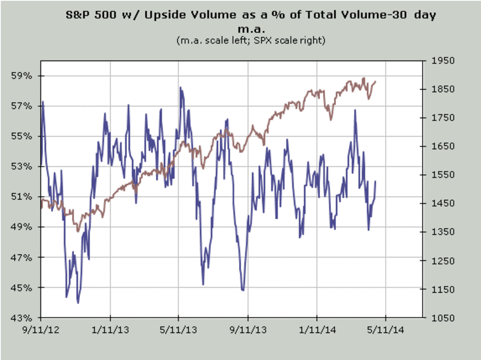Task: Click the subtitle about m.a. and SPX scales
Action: [x=251, y=40]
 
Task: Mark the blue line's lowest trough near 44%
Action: [x=78, y=303]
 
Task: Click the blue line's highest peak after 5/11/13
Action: [x=180, y=87]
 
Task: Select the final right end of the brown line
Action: [x=376, y=81]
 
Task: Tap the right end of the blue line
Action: [x=376, y=181]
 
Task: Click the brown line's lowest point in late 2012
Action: [x=78, y=231]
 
